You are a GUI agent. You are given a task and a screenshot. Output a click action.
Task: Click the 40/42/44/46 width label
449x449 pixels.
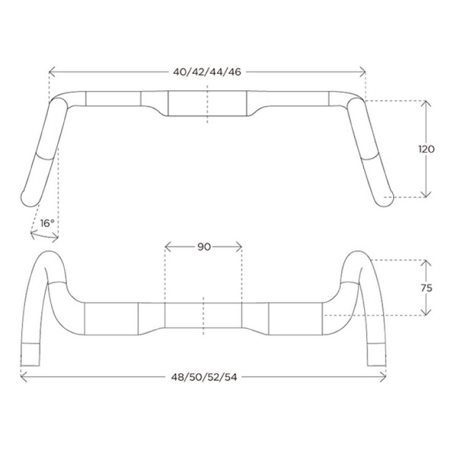207,72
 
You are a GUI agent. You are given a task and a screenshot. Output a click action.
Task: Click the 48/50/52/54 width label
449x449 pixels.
204,377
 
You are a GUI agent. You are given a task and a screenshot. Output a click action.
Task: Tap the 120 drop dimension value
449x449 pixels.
426,149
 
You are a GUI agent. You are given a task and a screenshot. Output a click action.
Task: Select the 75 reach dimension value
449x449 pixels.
426,288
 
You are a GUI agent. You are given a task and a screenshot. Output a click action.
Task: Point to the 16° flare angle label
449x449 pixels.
47,223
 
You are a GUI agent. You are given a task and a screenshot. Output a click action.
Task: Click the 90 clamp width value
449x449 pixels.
204,247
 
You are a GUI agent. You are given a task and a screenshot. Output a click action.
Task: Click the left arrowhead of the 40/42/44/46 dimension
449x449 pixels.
52,72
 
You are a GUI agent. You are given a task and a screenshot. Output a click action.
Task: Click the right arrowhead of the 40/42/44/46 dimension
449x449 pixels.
363,72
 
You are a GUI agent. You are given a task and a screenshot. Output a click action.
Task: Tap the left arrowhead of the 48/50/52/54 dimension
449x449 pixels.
24,377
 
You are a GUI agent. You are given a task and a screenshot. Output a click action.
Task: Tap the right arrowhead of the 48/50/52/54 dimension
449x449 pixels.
383,377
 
